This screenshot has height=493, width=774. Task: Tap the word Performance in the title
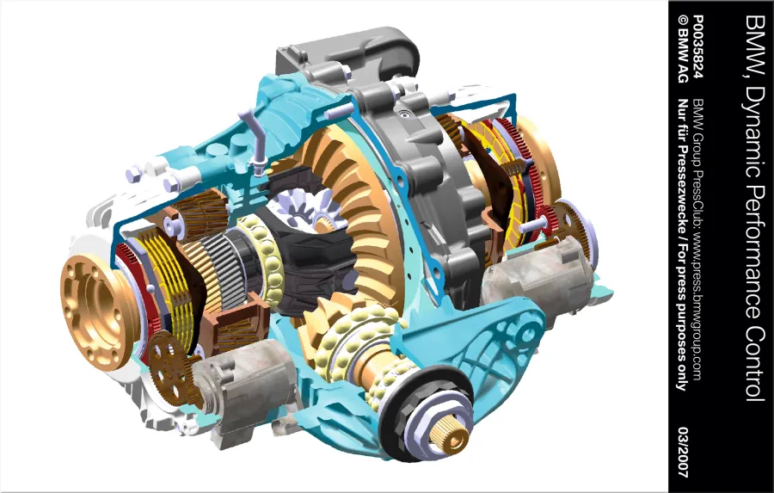pyautogui.click(x=755, y=244)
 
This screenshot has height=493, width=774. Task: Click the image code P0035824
pyautogui.click(x=697, y=46)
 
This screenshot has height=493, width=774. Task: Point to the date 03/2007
pyautogui.click(x=683, y=452)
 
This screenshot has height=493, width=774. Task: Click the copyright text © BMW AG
pyautogui.click(x=683, y=48)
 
